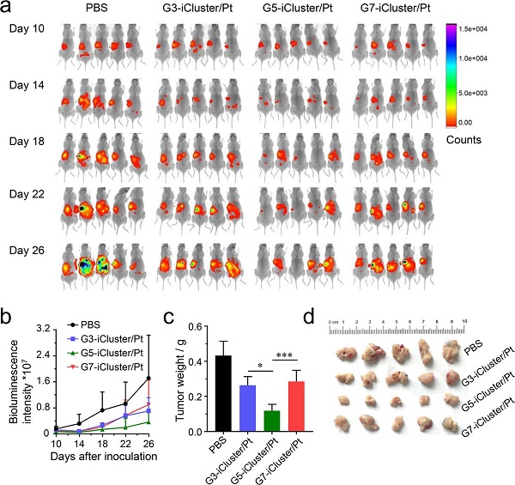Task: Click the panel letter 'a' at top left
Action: tap(8, 9)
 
